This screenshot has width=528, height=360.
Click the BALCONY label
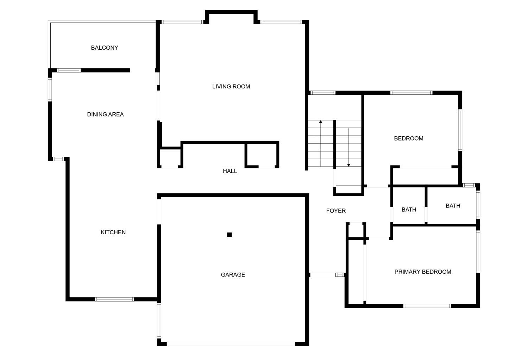coord(105,48)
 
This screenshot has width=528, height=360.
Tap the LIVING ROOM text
coord(231,87)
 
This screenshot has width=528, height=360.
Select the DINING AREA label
coord(105,114)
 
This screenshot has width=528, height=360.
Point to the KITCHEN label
coord(113,232)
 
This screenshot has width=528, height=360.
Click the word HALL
coord(230,171)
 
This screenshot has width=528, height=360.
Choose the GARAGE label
coord(233,275)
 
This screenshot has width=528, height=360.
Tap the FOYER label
coord(336,211)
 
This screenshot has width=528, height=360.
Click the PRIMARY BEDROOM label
coord(423,272)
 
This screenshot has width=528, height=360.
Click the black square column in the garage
coord(230,235)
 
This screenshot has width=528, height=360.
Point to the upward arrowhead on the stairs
coord(321,122)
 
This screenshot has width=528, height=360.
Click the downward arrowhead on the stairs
coord(348,165)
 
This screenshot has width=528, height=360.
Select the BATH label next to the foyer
coord(409,210)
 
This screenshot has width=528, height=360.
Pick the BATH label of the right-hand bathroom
coord(453,206)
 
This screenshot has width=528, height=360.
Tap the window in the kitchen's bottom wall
coord(114,299)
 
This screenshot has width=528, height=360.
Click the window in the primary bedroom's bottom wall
coord(427,306)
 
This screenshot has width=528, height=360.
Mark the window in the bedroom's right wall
coord(460,130)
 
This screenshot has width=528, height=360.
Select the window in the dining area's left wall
coord(50,89)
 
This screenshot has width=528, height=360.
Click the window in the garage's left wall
coord(159,321)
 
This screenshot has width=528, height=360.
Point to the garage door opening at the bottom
coord(231,344)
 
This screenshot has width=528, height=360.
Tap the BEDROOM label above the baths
coord(408,138)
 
